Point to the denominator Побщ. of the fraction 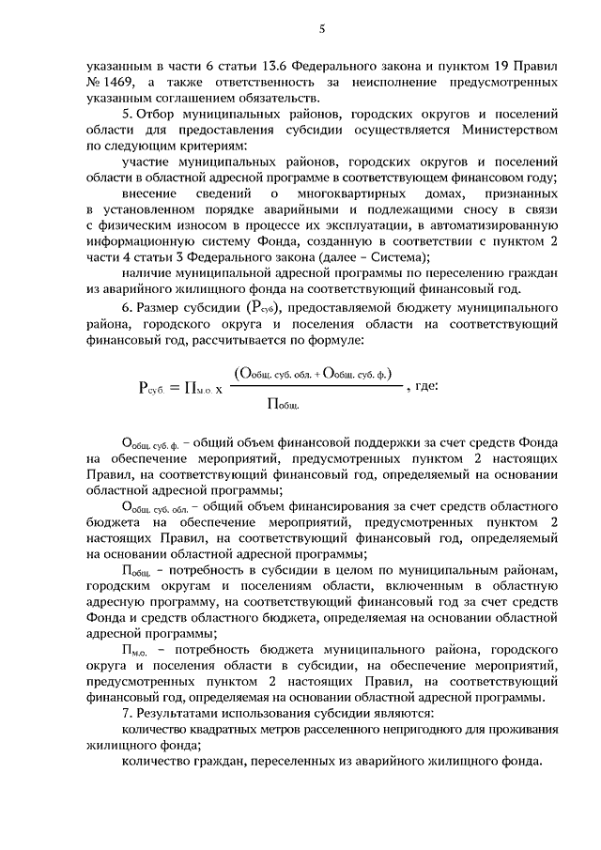click(x=283, y=405)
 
